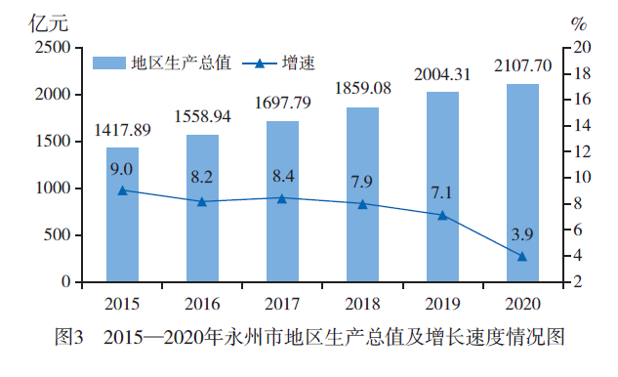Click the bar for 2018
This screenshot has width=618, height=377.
pos(362,194)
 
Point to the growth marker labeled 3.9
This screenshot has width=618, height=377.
pos(522,257)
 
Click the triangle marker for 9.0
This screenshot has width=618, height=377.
pos(122,190)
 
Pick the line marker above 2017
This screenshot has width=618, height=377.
pos(282,198)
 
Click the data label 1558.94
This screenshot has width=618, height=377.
pos(202,116)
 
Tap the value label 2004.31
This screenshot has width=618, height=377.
pos(442,74)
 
